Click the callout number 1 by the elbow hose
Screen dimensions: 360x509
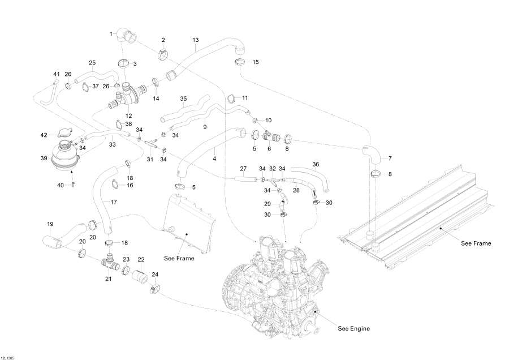[111, 35]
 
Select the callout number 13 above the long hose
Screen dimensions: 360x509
[196, 40]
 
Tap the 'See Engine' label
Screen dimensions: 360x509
[353, 328]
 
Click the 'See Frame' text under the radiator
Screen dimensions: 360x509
[179, 258]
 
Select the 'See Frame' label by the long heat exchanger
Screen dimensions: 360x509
[476, 243]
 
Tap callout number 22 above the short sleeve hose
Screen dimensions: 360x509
[141, 259]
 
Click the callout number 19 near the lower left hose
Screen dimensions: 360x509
[50, 224]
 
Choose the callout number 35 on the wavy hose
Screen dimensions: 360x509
[183, 98]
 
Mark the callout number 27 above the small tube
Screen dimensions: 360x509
[244, 169]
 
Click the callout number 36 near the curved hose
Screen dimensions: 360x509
[316, 165]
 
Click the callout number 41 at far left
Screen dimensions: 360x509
[56, 74]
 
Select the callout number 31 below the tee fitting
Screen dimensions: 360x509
[150, 159]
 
